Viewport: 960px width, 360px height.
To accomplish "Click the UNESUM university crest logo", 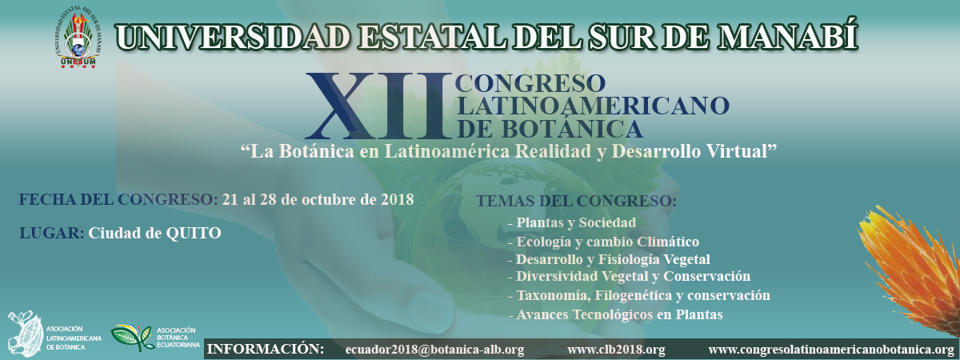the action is click(x=78, y=40).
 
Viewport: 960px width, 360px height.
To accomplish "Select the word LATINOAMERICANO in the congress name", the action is click(x=593, y=106).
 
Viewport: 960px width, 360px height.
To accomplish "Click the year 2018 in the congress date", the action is click(x=398, y=199).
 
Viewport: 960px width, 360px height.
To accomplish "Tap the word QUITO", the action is click(x=194, y=233).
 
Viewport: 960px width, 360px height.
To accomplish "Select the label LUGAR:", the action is click(x=51, y=233).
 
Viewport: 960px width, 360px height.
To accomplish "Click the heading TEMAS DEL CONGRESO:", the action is click(x=577, y=201).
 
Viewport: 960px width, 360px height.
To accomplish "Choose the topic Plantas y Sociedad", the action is click(x=576, y=223).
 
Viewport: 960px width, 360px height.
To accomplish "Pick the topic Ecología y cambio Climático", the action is click(x=608, y=242).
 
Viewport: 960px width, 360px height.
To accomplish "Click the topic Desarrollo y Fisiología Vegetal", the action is click(x=613, y=259).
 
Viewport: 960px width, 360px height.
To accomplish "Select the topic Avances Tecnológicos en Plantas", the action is click(x=619, y=314).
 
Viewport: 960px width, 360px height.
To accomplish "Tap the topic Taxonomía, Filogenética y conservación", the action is click(x=643, y=295).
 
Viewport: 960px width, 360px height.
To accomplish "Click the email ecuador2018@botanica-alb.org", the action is click(x=434, y=350).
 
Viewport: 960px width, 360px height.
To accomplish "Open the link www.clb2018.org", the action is click(x=616, y=350).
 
